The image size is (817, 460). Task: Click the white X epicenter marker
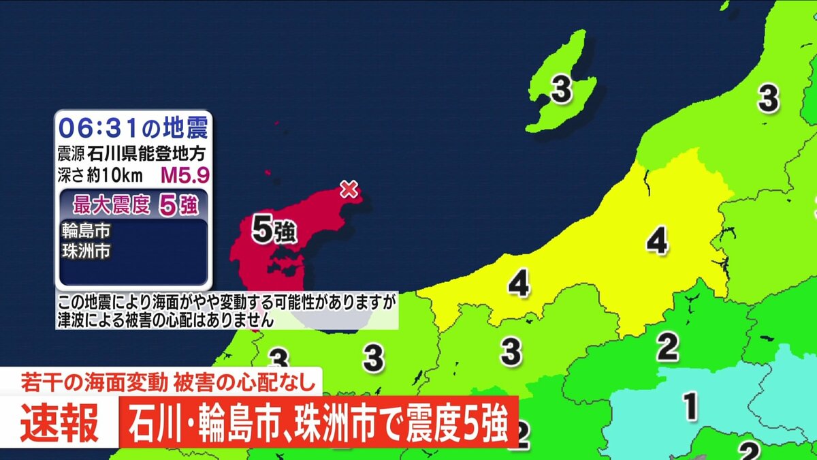tap(349, 189)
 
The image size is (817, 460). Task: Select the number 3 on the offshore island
tap(561, 90)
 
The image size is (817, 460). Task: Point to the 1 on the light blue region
tap(690, 408)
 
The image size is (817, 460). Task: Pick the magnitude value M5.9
tap(185, 176)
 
